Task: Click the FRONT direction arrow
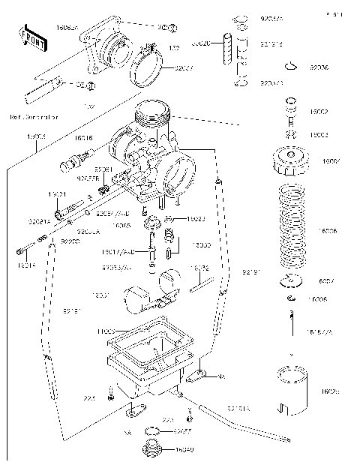[x=29, y=35]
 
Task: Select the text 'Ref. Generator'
[x=34, y=117]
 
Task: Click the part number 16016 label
[x=83, y=138]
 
